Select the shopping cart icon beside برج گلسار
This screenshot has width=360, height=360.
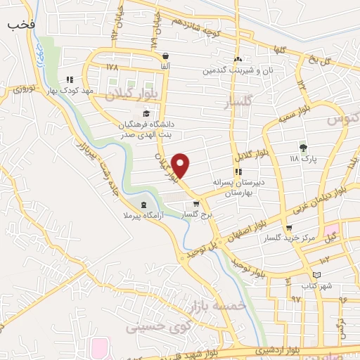[186, 204]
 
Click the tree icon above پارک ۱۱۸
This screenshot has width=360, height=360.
[303, 147]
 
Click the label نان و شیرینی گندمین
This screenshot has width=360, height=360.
[238, 70]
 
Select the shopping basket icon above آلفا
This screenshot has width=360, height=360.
[165, 56]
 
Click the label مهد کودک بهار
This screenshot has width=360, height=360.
[65, 91]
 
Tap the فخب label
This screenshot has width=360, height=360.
[22, 25]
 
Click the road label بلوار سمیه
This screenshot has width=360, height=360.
[309, 112]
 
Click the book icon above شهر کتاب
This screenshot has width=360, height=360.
[317, 275]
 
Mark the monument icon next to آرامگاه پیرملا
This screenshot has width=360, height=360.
[144, 206]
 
